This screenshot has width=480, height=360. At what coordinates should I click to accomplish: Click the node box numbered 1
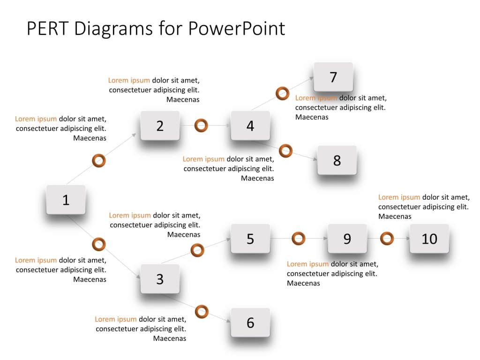pos(66,200)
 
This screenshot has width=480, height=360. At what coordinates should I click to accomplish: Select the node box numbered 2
pos(160,126)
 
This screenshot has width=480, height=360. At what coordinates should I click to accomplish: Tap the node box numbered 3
pos(160,279)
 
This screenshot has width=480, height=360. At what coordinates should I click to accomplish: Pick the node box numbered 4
pos(250,126)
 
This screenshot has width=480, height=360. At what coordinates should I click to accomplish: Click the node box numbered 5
pos(250,239)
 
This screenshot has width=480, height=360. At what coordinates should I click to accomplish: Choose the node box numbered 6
pos(250,322)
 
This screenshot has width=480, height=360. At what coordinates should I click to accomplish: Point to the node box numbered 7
pos(333,77)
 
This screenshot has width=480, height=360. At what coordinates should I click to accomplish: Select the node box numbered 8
pos(337,160)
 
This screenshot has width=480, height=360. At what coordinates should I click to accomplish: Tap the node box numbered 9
pos(347,239)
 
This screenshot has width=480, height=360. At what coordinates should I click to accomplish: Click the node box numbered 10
pos(429,239)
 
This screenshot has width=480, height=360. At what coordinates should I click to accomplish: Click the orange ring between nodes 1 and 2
pos(98,161)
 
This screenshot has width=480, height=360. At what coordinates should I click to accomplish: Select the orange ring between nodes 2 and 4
pos(201,126)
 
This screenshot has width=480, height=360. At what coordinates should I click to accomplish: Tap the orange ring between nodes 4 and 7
pos(282,93)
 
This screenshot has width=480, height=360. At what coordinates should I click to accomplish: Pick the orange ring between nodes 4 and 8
pos(285,151)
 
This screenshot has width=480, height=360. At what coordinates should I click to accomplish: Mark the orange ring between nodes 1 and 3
pos(98,244)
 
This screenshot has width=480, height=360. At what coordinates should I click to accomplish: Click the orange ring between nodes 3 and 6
pos(202,311)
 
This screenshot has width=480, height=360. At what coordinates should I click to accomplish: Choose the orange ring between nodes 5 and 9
pos(298,239)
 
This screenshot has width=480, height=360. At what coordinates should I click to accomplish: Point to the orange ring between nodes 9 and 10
pos(387,239)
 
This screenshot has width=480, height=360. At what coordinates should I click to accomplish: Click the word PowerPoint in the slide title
pos(237,29)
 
